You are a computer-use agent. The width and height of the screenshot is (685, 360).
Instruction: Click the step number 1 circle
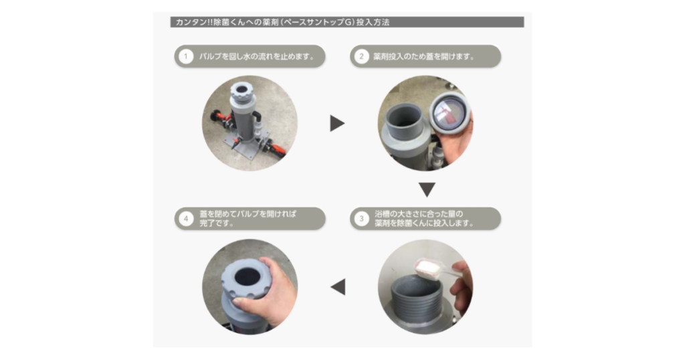tap(185, 56)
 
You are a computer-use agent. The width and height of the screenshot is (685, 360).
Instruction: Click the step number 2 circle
tap(361, 56)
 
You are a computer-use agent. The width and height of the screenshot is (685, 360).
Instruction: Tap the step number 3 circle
tap(361, 219)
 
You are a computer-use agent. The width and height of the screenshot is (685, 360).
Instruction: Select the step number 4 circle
tap(185, 219)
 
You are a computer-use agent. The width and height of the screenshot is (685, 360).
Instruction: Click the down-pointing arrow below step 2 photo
tap(427, 189)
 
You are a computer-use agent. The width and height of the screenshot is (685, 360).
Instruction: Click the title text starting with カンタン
tap(281, 22)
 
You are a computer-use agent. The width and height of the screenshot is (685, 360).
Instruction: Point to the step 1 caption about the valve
tap(257, 56)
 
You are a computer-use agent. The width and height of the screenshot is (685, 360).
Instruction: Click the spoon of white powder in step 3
tap(425, 268)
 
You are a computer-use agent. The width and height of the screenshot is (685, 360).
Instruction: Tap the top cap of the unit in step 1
tap(240, 88)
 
